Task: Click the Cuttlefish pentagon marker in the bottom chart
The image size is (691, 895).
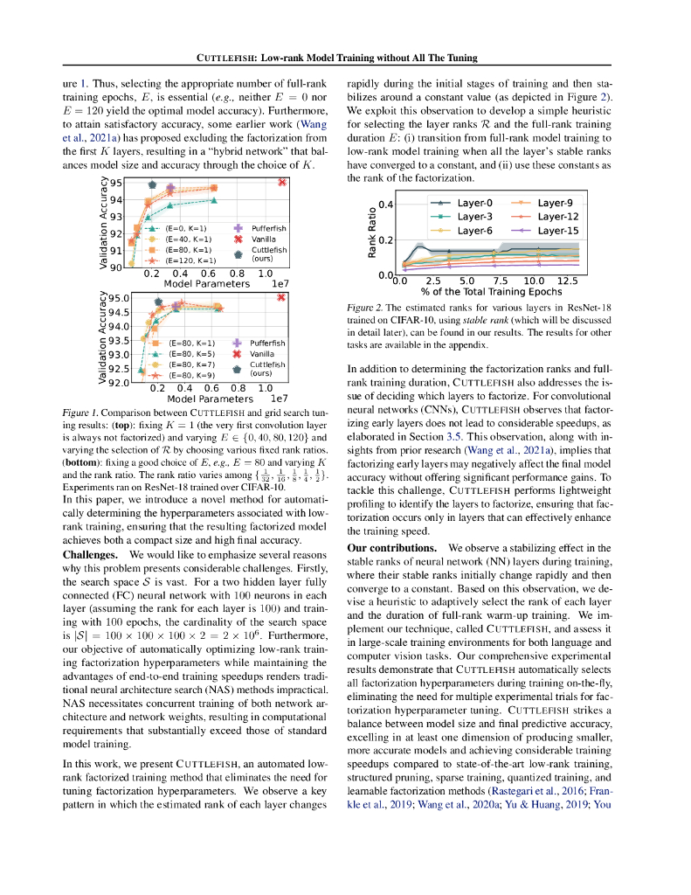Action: click(157, 301)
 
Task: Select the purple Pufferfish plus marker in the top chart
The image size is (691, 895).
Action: click(171, 187)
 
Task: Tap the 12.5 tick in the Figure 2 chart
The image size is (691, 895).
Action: click(568, 281)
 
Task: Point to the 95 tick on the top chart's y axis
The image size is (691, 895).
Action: click(118, 182)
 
